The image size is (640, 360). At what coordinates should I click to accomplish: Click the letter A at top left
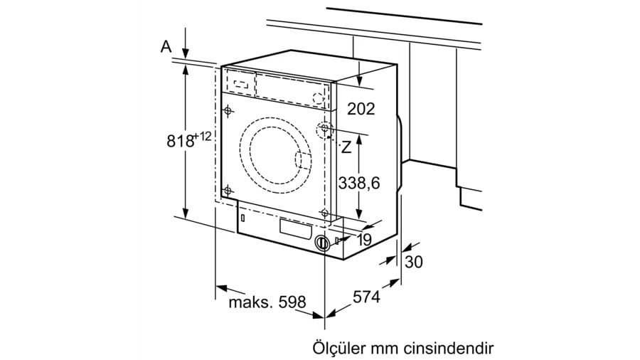click(166, 46)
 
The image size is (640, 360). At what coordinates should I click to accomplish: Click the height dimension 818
click(181, 140)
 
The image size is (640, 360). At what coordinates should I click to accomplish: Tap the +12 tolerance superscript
click(204, 135)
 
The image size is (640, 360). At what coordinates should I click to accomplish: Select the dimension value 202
click(361, 108)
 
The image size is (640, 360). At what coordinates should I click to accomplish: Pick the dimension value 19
click(363, 240)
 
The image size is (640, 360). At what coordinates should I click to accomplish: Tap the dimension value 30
click(413, 262)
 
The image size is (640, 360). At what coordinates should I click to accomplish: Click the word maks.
click(250, 302)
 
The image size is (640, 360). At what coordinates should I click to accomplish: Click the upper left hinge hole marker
click(228, 110)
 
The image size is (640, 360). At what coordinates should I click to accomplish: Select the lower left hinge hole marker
click(228, 190)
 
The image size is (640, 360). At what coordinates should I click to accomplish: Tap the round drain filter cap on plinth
click(324, 242)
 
